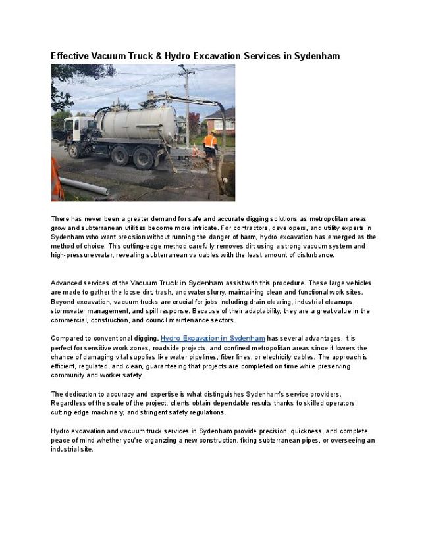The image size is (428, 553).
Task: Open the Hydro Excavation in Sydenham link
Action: (213, 338)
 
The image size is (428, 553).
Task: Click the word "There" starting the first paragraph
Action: (60, 218)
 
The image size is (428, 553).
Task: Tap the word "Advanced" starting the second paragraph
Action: (67, 283)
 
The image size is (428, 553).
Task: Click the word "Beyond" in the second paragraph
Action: (62, 301)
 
